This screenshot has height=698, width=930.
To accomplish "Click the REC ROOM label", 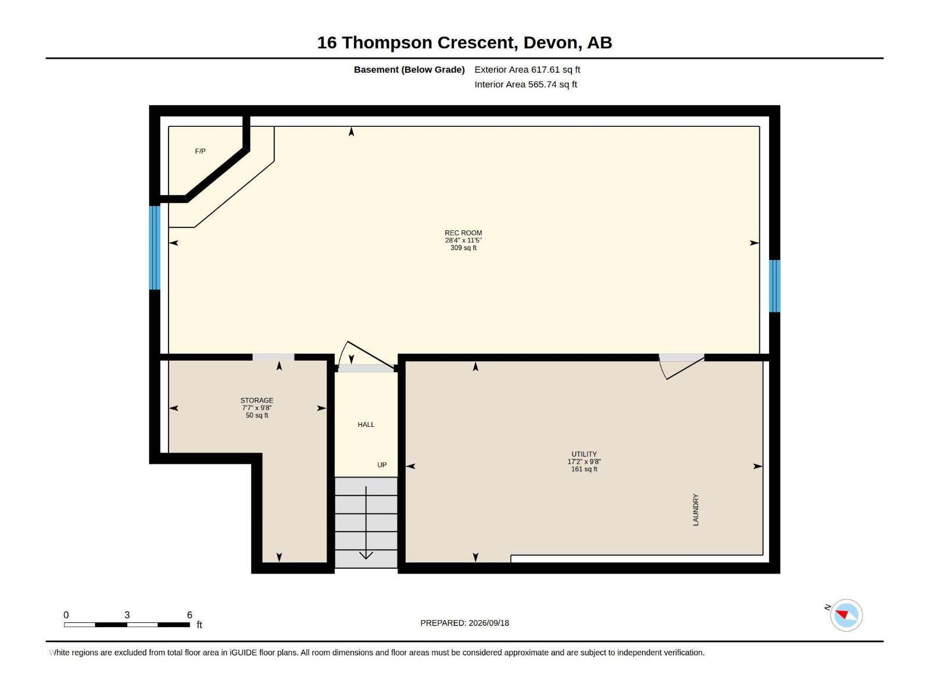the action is pos(463,233).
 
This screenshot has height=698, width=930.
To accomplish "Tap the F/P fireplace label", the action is pos(200,151).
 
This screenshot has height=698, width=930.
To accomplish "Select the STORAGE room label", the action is pos(257,400).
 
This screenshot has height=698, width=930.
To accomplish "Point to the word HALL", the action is pos(366,424).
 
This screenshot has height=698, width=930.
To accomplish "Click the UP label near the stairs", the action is pos(382,465).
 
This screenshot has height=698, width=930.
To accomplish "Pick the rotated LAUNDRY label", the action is pos(695,510).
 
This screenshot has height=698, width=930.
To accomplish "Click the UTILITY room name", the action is pos(584,454).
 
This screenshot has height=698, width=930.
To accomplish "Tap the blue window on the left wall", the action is pos(155,248).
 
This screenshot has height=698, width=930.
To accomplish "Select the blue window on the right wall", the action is pos(774,286).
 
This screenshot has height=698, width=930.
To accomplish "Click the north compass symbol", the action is pos(846,615).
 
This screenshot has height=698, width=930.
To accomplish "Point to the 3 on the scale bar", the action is pos(127,614).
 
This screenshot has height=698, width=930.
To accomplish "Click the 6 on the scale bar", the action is pos(189,614).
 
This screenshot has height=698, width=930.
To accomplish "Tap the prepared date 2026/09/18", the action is pos(488,622).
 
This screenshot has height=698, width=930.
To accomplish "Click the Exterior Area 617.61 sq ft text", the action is pos(527,69).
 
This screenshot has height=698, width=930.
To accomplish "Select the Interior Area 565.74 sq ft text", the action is pos(525,84).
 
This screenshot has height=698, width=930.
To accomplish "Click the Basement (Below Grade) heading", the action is pos(409,69).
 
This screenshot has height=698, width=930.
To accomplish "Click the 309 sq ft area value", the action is pos(463,248).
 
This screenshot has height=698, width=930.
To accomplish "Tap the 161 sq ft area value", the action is pos(584,469).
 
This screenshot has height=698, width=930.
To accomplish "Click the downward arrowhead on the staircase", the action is pos(366,555).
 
